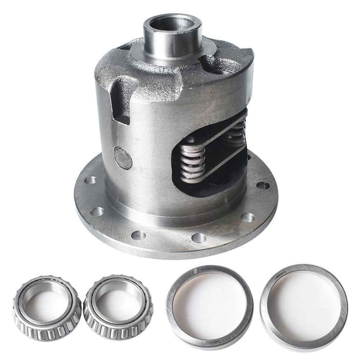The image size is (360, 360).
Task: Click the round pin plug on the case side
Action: tap(123, 158)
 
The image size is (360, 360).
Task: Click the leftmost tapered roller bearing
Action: tap(47, 305)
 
